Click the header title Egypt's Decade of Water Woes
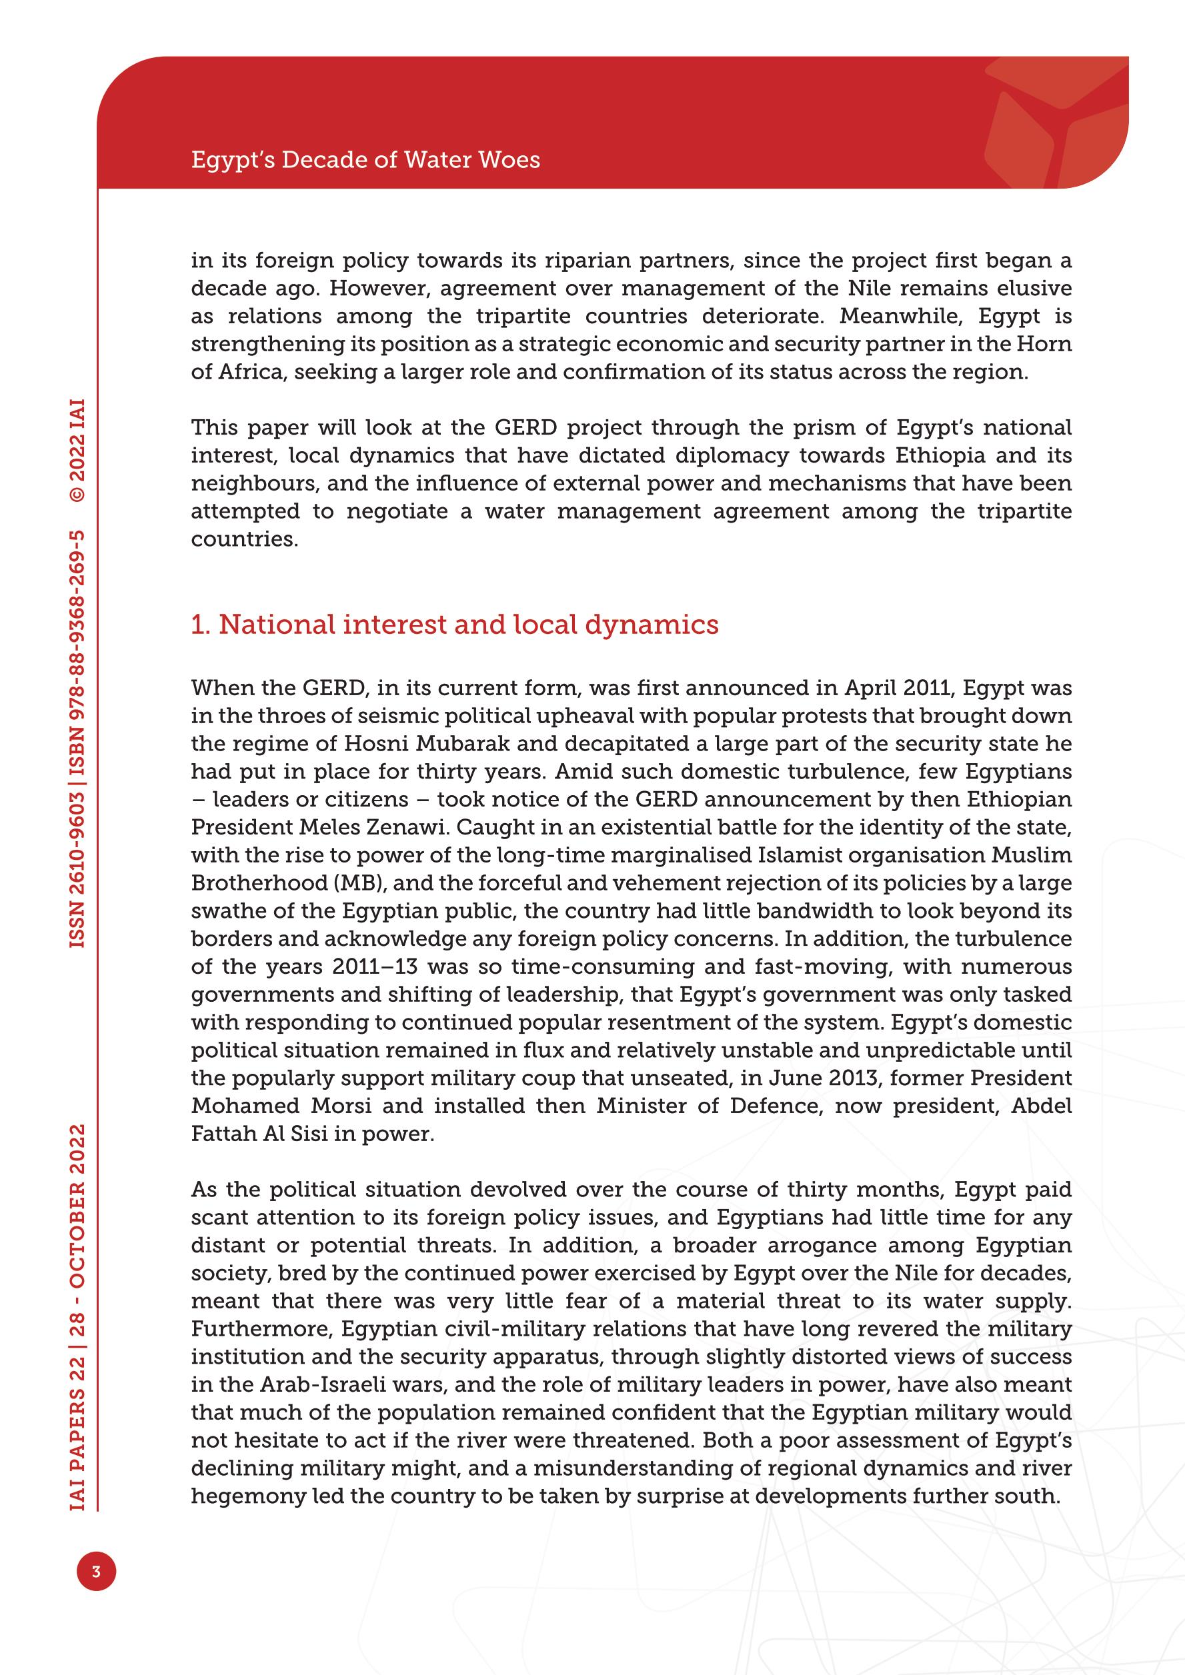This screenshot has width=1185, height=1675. click(365, 160)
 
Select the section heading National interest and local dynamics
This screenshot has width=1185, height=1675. click(455, 625)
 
